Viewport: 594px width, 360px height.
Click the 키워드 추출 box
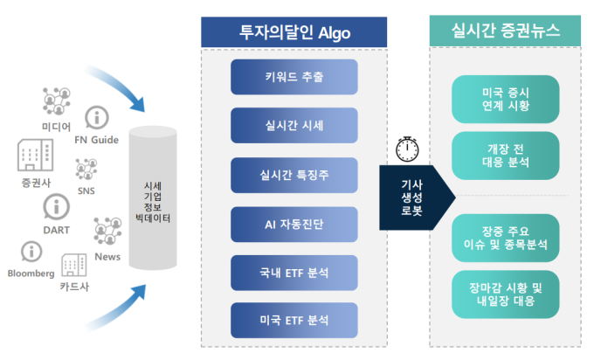(x=294, y=77)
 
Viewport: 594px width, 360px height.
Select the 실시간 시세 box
(x=294, y=126)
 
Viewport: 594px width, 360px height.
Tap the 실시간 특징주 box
(x=294, y=175)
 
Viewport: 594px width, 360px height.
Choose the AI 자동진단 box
(x=294, y=225)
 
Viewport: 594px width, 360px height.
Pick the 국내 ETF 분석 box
(x=294, y=273)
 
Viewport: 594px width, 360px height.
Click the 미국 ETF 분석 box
(x=294, y=320)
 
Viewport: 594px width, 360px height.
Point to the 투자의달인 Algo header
(x=294, y=32)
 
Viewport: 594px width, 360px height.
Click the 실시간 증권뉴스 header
(x=505, y=31)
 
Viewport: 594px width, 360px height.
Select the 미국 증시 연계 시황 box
(x=506, y=99)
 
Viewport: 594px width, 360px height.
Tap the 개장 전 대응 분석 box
(x=506, y=156)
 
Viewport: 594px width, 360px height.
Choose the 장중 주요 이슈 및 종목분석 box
(x=506, y=238)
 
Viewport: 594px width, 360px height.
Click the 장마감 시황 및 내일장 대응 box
(x=506, y=294)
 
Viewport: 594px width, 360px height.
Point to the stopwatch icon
(x=407, y=149)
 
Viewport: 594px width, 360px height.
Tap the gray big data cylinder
(x=153, y=197)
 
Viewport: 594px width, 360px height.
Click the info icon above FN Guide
(x=97, y=117)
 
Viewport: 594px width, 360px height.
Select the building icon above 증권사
(x=35, y=155)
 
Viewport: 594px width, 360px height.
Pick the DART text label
(x=57, y=230)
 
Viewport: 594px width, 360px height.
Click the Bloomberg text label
(x=31, y=273)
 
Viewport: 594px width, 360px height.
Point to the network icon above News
(x=107, y=231)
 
